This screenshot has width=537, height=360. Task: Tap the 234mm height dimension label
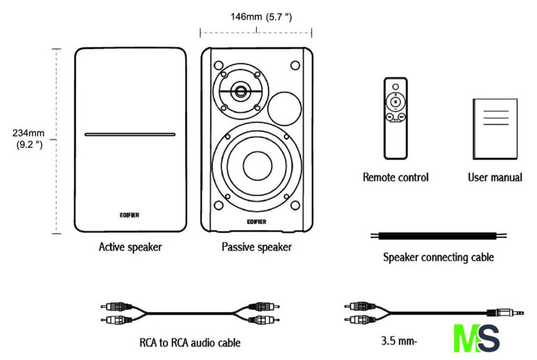[27, 139]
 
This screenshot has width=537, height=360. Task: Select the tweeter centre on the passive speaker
[241, 91]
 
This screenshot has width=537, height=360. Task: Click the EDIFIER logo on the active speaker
[130, 215]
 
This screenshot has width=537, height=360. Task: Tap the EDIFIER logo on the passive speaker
[256, 222]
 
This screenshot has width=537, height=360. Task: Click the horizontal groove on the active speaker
[130, 135]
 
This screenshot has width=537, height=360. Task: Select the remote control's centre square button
[396, 101]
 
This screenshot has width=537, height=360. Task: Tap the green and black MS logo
[476, 338]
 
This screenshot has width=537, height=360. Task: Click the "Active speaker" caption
[130, 246]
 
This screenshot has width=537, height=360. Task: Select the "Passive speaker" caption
[256, 246]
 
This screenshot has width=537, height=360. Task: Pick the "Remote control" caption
[396, 177]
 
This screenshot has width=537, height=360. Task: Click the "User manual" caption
[495, 177]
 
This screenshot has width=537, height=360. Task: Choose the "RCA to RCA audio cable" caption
[190, 343]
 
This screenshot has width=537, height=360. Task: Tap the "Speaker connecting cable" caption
[439, 258]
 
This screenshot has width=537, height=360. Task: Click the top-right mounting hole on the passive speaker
[295, 65]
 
